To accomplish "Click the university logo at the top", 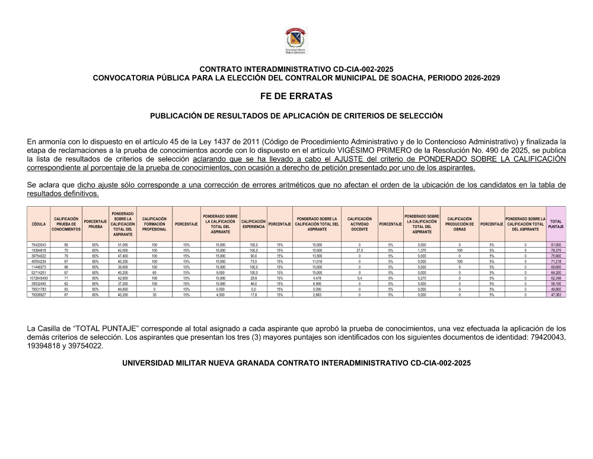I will tap(296, 42).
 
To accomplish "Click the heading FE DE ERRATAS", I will tap(296, 96).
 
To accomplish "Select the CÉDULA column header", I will tap(39, 224).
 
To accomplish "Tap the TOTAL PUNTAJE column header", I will tap(556, 224).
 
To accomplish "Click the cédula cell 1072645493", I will tap(39, 277).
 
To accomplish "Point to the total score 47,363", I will tap(556, 294).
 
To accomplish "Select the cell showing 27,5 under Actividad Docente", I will tap(359, 251).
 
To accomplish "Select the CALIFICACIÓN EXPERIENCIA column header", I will tap(254, 224).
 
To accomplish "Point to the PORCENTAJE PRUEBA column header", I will tap(95, 224).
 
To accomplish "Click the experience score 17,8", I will tap(254, 294).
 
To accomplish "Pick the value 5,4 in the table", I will tap(359, 277).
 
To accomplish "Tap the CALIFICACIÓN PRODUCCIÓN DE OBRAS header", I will tap(459, 224).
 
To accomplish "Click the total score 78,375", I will tap(556, 251).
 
